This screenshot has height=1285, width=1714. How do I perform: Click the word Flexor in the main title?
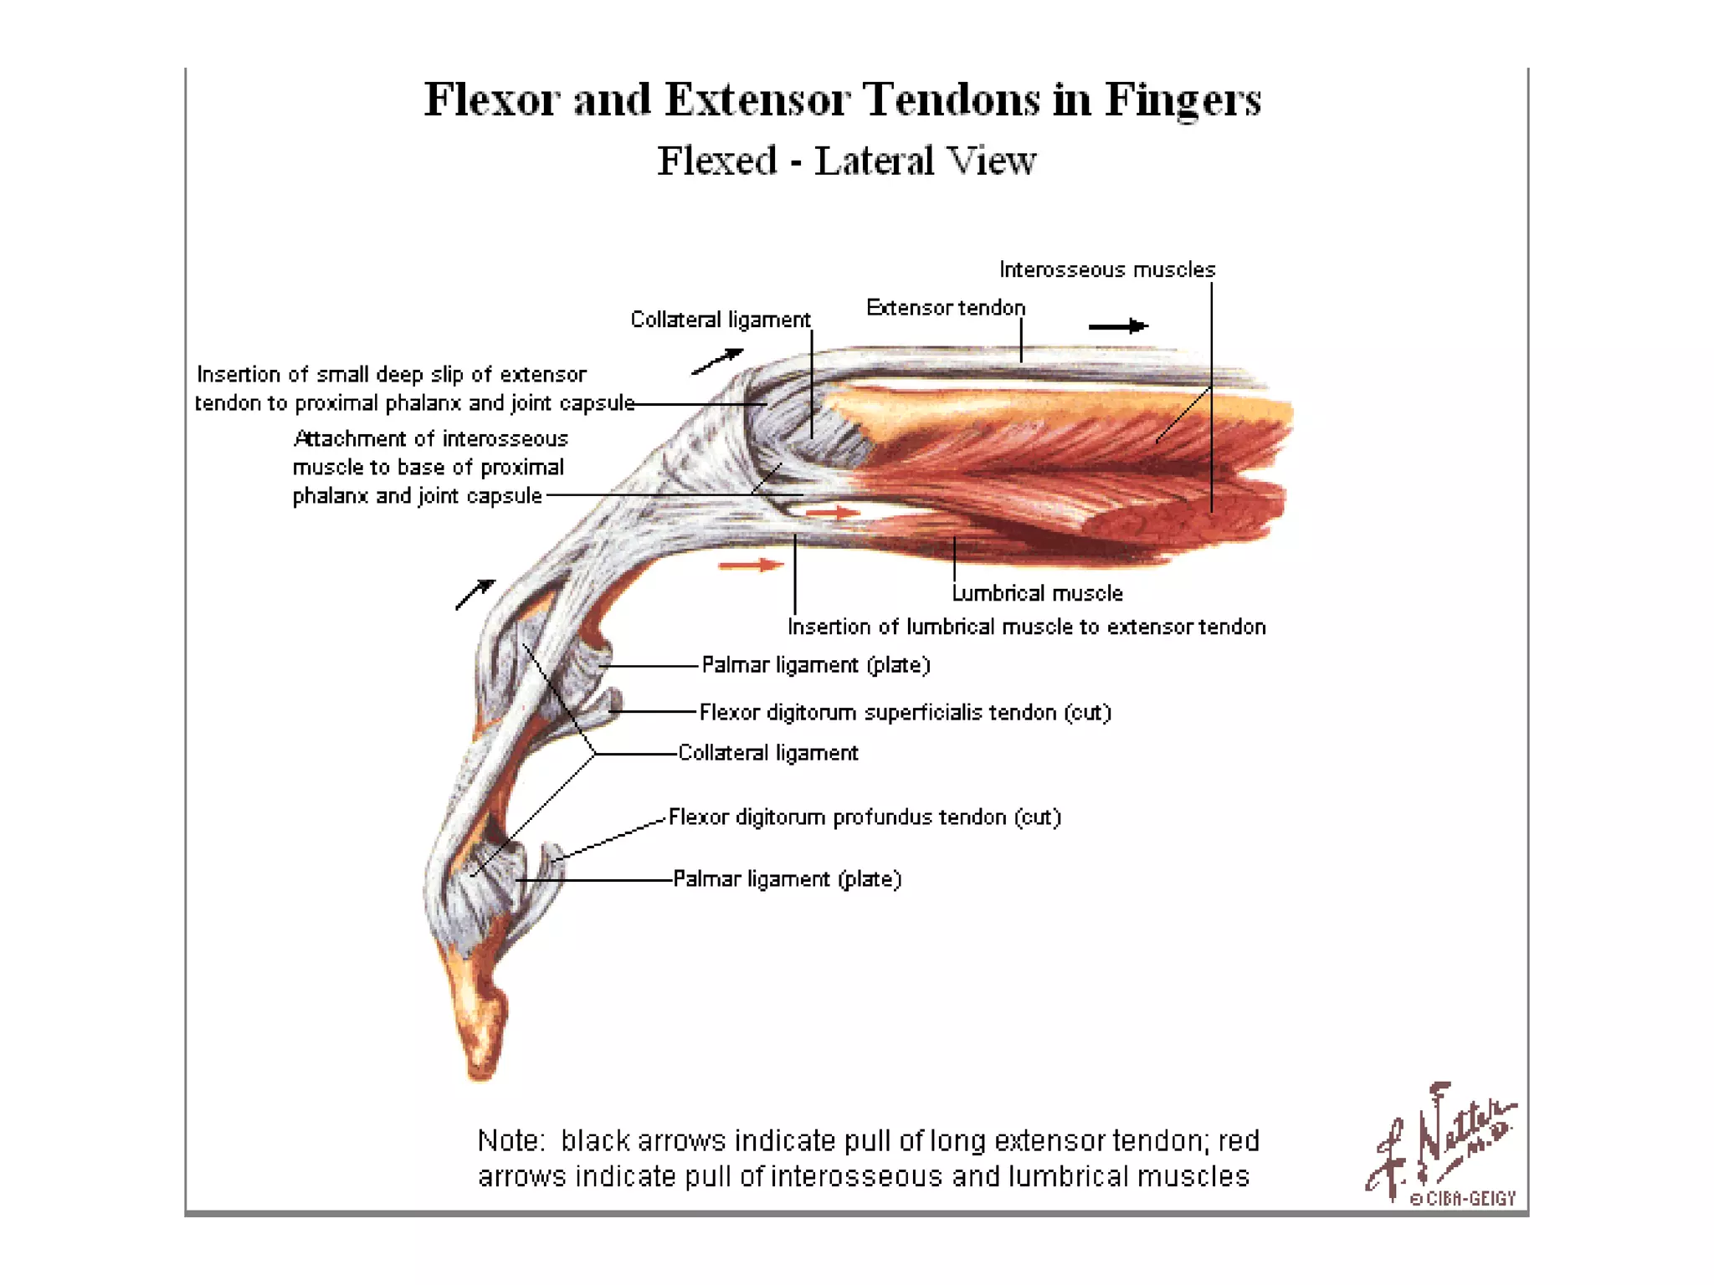pyautogui.click(x=491, y=100)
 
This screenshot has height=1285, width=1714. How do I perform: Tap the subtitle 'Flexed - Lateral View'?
pyautogui.click(x=846, y=161)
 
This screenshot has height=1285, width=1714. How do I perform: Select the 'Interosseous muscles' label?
pyautogui.click(x=1106, y=269)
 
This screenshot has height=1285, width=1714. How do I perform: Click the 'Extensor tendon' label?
pyautogui.click(x=945, y=308)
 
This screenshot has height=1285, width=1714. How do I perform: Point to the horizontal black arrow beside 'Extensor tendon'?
pyautogui.click(x=1118, y=326)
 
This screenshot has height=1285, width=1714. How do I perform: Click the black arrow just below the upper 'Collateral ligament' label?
pyautogui.click(x=717, y=361)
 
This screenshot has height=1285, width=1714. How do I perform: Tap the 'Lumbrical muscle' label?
pyautogui.click(x=1037, y=593)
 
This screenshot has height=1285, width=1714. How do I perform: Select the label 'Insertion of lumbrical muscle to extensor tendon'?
pyautogui.click(x=1026, y=627)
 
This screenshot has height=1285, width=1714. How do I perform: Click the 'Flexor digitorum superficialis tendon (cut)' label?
pyautogui.click(x=905, y=712)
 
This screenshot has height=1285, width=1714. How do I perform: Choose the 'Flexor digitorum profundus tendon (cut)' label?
pyautogui.click(x=865, y=817)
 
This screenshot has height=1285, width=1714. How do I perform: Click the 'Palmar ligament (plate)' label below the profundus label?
pyautogui.click(x=787, y=879)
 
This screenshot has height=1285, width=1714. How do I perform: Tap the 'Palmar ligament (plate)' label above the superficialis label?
pyautogui.click(x=815, y=665)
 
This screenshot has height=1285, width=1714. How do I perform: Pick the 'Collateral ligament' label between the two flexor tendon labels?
pyautogui.click(x=767, y=753)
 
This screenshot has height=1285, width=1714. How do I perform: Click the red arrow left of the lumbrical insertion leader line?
pyautogui.click(x=751, y=566)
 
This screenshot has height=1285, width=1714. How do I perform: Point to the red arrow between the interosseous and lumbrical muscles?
pyautogui.click(x=833, y=512)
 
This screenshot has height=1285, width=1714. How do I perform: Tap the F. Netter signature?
pyautogui.click(x=1439, y=1138)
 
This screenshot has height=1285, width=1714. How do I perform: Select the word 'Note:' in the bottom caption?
pyautogui.click(x=511, y=1141)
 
